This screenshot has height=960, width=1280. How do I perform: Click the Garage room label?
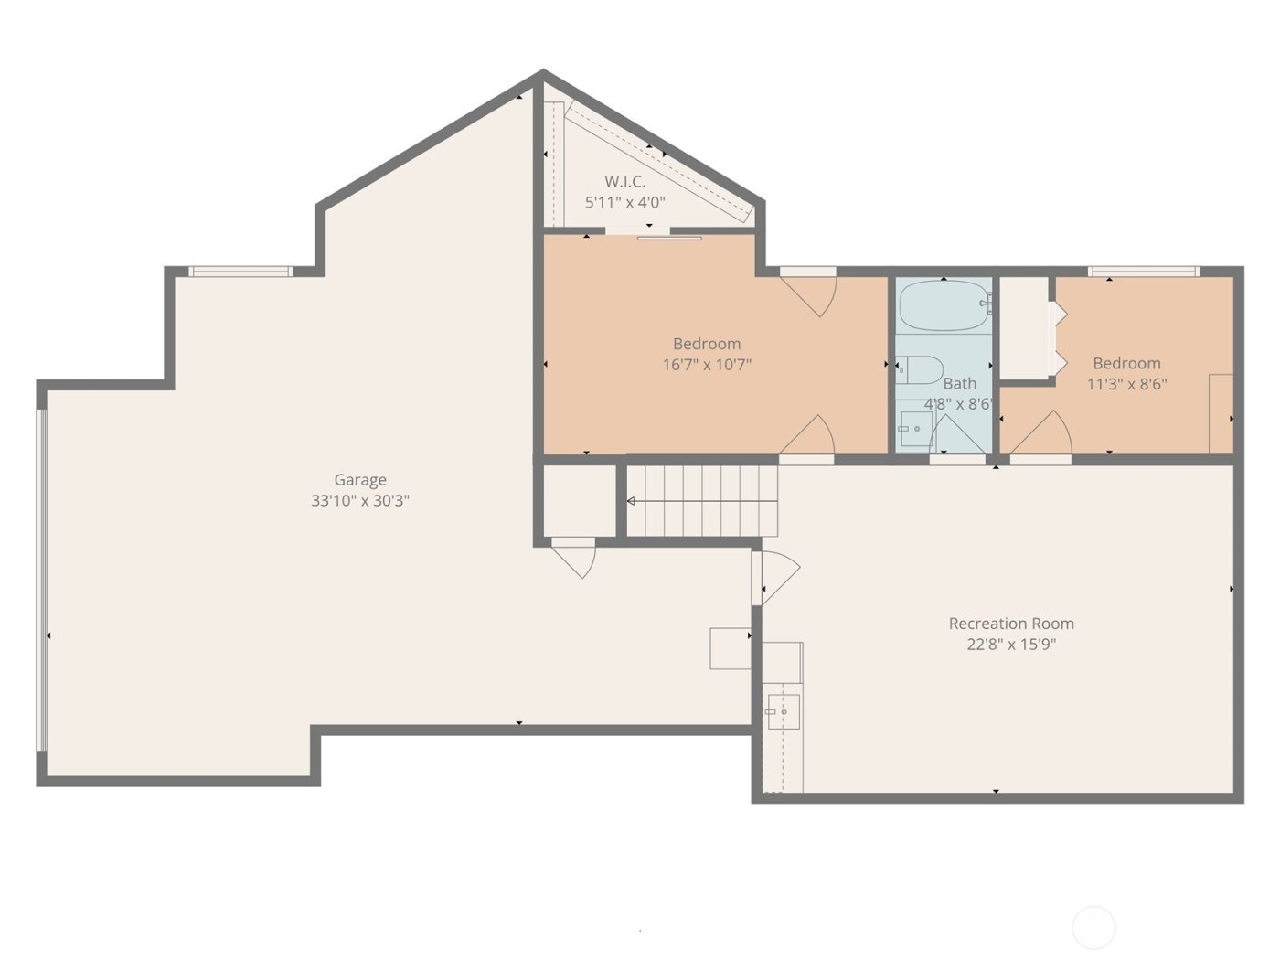359,480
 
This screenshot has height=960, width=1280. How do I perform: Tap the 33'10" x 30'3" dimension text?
359,501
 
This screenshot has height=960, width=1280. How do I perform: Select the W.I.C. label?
624,182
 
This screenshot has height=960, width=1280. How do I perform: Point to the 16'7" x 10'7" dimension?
707,365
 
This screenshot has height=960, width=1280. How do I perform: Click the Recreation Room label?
1011,624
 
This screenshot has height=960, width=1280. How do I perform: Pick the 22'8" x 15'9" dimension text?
1011,645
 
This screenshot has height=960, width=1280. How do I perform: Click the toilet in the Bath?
920,370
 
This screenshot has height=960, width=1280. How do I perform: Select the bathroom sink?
914,428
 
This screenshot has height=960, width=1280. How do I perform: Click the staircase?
702,501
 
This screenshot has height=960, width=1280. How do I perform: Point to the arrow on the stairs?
632,501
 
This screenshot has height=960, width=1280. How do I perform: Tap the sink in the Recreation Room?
783,711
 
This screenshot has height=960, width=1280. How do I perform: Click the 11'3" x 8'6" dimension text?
1126,385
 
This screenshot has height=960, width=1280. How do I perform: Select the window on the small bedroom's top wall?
1143,272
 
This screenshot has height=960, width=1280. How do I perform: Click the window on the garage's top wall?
240,272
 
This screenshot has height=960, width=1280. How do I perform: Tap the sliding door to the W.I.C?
669,238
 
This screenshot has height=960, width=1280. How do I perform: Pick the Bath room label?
959,384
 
